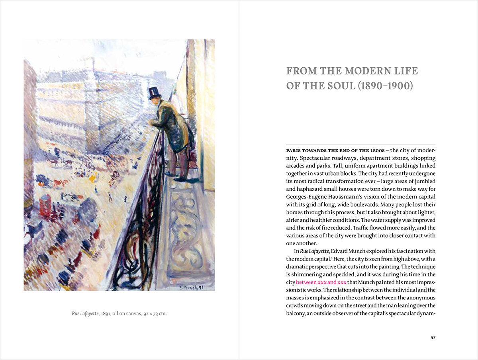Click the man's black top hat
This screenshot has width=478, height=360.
pos(154,93)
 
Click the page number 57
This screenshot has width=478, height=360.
pos(433,338)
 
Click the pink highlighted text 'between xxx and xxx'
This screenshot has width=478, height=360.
pos(321,282)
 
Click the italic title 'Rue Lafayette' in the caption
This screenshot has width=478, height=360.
pos(85,314)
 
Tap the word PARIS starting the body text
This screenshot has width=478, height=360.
pos(295,151)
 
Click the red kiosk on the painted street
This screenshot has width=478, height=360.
pos(45,205)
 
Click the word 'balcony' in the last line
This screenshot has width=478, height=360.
pos(296,313)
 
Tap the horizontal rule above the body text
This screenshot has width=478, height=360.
pos(360,144)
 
